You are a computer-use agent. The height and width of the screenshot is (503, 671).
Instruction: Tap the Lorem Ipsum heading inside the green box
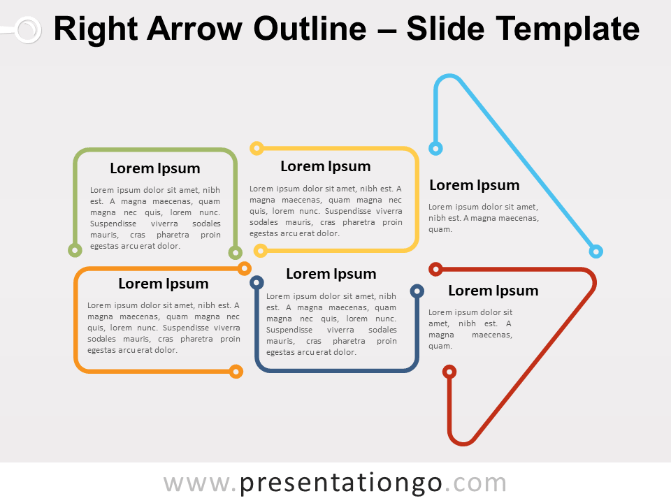tap(155, 168)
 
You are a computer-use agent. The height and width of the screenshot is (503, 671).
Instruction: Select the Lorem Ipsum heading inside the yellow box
tap(326, 166)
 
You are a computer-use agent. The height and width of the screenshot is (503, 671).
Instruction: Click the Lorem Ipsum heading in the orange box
tap(164, 284)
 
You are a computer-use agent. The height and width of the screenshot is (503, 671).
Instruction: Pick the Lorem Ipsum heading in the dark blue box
tap(331, 274)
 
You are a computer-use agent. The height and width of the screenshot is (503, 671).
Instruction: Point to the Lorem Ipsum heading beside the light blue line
tap(475, 185)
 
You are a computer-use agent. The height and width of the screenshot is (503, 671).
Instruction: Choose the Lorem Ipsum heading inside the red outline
tap(493, 291)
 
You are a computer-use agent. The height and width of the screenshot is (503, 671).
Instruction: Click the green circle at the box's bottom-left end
tap(75, 250)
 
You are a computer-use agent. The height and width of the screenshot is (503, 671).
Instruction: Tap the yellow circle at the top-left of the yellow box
tap(257, 148)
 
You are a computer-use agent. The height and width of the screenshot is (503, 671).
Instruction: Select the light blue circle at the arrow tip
tap(596, 251)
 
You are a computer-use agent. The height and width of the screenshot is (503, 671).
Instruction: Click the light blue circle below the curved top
tap(435, 148)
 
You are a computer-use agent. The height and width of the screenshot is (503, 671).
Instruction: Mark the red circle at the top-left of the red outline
tap(435, 269)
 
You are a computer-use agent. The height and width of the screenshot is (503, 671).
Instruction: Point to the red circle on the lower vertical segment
tap(449, 372)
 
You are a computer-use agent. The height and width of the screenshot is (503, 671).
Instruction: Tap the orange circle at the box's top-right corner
tap(244, 268)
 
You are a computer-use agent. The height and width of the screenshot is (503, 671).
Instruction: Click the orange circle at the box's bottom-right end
tap(236, 371)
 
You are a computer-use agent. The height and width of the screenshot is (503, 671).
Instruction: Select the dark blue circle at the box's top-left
tap(257, 283)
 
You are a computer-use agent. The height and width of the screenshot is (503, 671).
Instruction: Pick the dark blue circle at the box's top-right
tap(417, 291)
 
